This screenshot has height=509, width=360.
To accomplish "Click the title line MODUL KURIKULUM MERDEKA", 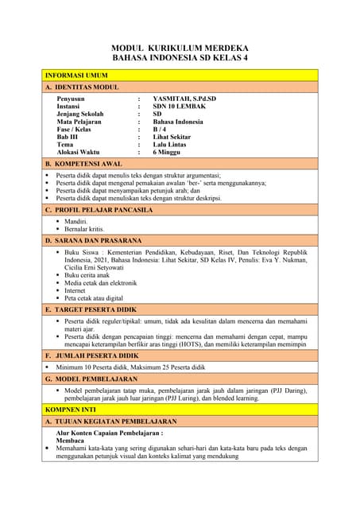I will click(180, 48).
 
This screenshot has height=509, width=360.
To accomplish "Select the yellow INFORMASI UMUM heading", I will click(76, 75).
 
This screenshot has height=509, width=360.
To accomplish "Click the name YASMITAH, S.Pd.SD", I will click(184, 99).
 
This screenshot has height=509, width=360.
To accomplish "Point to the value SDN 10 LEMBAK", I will click(180, 107).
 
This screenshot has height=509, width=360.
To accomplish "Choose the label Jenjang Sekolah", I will click(82, 115).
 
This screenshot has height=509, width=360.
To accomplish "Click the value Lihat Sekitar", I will click(175, 138).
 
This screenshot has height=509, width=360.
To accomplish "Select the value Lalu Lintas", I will click(172, 145).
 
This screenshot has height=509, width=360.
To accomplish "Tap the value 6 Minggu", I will click(169, 153).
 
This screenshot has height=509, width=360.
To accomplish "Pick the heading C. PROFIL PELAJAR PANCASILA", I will click(99, 210).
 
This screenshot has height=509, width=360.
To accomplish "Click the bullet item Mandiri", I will click(76, 221).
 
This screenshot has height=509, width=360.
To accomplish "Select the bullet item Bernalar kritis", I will click(84, 229).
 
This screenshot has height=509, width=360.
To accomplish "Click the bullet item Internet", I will click(78, 290).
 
